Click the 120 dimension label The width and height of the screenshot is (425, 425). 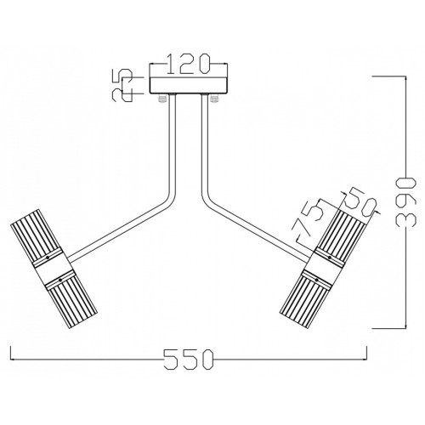[x=188, y=64]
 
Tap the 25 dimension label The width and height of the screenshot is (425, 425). [x=122, y=85]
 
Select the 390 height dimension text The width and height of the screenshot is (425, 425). [x=406, y=202]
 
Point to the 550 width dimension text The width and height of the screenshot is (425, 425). [x=189, y=360]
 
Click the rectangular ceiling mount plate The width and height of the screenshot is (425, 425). [x=189, y=85]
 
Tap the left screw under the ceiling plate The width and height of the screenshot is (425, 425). [x=161, y=99]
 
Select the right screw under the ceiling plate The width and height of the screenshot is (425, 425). [x=214, y=99]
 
